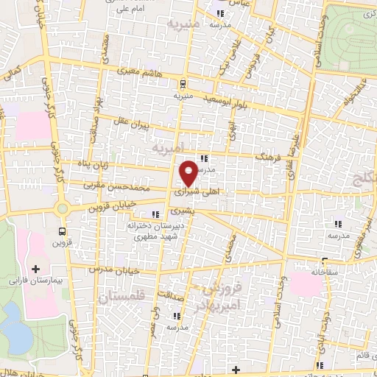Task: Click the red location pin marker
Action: tap(188, 173)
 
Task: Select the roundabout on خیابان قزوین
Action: tap(62, 208)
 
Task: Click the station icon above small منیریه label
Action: tap(183, 83)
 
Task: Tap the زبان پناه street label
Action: tap(96, 163)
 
